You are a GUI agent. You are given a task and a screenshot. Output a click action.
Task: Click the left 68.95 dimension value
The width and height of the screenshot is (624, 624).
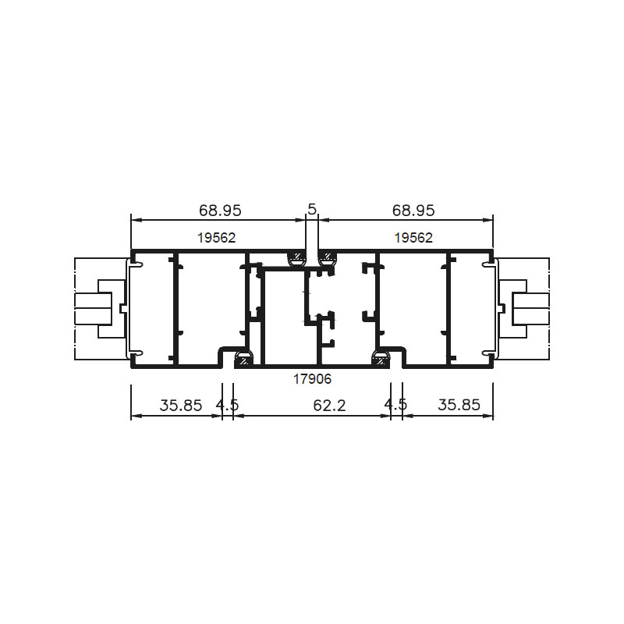220,210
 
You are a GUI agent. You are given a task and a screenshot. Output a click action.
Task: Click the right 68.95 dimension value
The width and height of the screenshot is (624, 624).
413,210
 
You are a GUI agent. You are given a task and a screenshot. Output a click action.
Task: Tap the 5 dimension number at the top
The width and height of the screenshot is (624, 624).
312,209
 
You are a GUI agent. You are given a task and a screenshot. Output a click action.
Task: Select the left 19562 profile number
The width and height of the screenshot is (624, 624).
217,238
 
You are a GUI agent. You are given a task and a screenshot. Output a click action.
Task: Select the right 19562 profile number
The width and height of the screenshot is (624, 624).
413,238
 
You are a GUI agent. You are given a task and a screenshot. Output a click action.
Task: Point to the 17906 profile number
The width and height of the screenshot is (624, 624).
313,379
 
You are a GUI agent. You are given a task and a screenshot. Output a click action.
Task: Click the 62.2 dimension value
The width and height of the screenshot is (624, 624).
329,405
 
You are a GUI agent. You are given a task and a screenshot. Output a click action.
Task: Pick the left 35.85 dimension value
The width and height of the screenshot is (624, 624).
181,405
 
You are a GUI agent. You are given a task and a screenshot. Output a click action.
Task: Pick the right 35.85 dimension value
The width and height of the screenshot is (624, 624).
459,405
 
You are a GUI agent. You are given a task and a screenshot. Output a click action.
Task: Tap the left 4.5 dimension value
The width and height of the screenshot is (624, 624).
227,405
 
